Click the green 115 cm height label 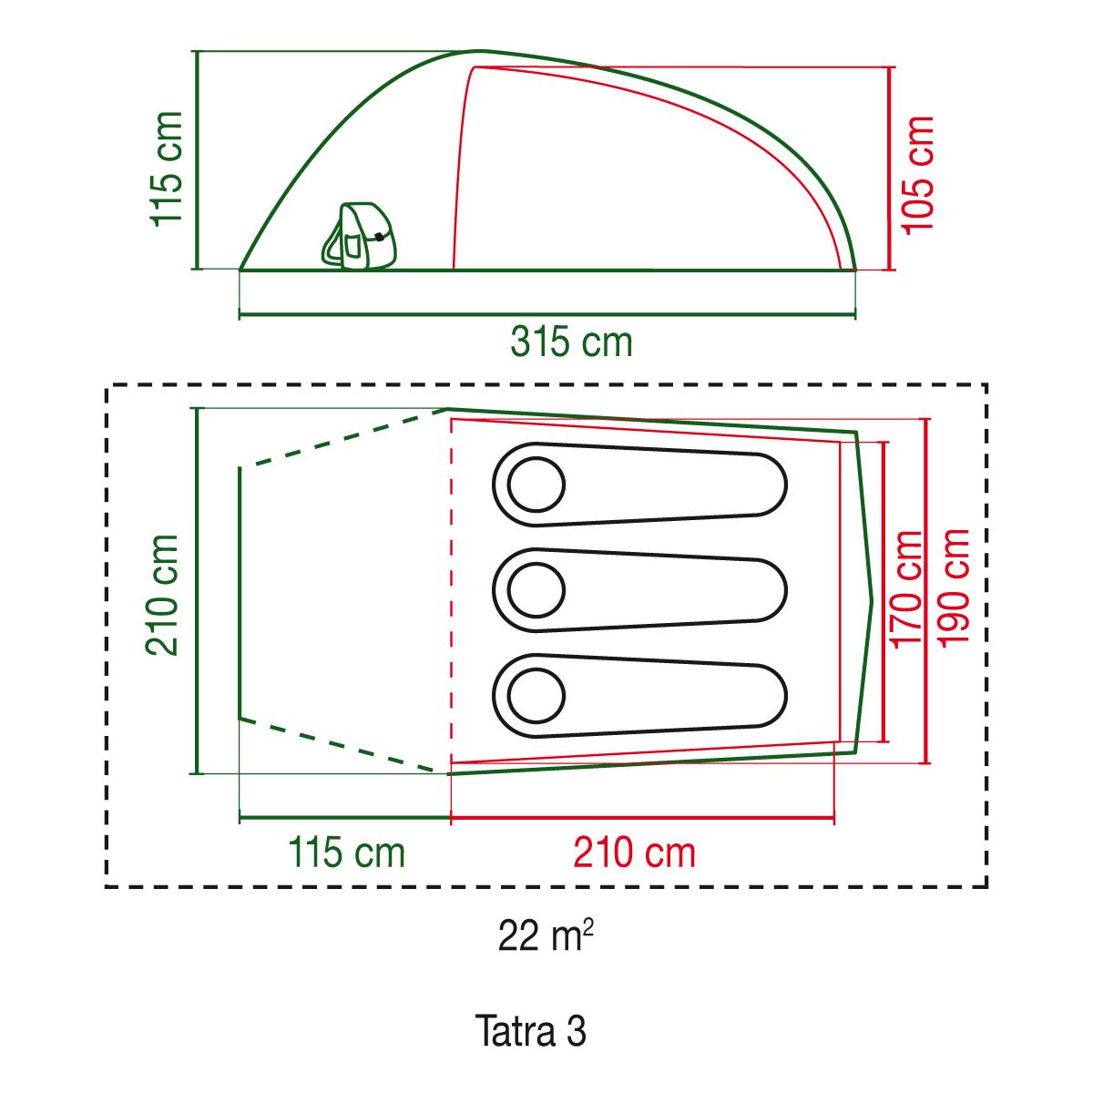167,169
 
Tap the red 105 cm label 918,175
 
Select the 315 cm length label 571,342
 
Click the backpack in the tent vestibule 361,235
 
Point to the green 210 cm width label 163,595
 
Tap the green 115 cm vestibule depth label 346,853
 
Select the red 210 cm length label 634,853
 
